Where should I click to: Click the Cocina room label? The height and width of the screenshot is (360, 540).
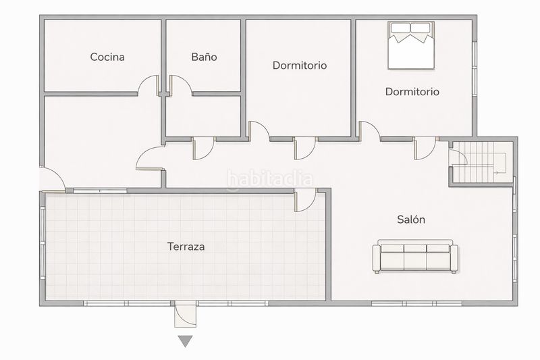(107, 57)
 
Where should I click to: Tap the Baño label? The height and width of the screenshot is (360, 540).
(204, 57)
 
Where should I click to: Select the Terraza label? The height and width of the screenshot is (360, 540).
(186, 247)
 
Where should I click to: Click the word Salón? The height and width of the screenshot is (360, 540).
(411, 219)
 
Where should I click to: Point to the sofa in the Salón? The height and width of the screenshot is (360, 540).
(415, 256)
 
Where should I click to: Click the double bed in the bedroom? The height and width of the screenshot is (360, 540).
(411, 45)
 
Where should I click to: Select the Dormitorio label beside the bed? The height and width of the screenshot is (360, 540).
(412, 92)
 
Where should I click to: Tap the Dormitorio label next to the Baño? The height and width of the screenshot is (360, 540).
(300, 66)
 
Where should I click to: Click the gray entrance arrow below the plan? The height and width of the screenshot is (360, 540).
(185, 341)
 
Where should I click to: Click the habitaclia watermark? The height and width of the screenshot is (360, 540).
(270, 179)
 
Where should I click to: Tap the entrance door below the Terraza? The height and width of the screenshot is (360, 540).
(185, 314)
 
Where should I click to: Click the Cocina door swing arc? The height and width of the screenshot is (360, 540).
(144, 79)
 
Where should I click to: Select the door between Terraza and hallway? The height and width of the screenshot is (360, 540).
(306, 200)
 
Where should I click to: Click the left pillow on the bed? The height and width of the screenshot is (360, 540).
(400, 28)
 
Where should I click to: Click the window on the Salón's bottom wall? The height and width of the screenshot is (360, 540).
(416, 303)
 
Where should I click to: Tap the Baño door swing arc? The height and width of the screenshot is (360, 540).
(185, 80)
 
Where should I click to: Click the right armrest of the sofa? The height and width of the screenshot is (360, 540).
(454, 259)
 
